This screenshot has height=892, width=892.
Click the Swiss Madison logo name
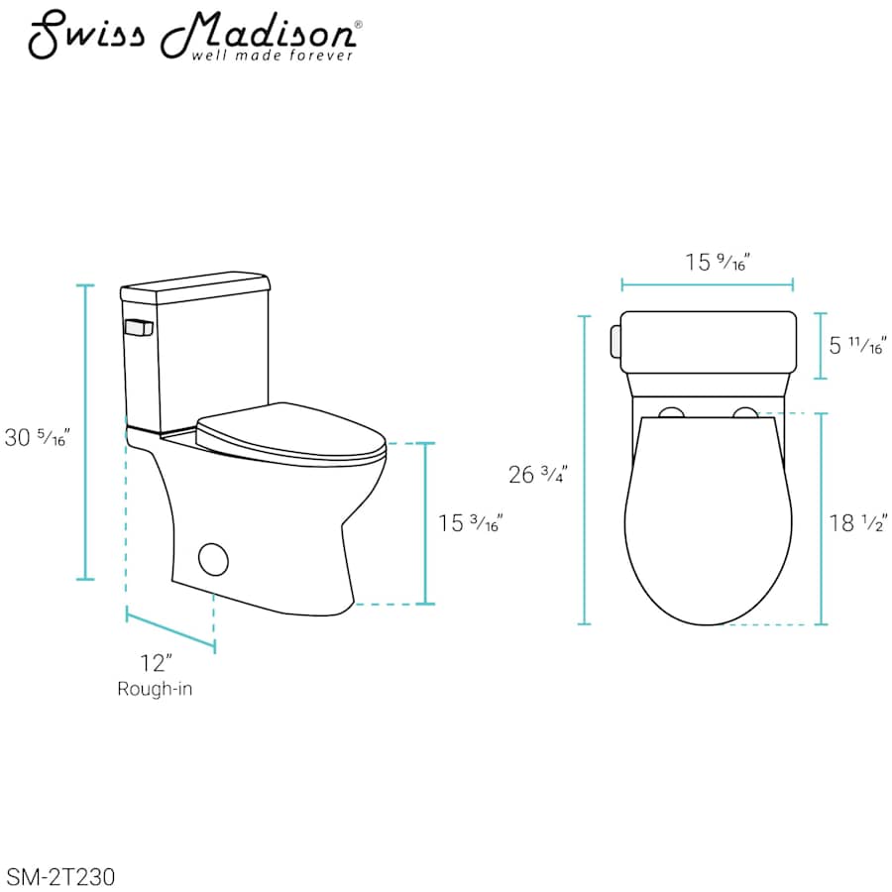tap(192, 36)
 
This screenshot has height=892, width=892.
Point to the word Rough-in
tap(155, 689)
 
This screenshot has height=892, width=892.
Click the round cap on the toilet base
tap(213, 559)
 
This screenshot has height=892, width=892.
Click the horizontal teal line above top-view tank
tap(707, 285)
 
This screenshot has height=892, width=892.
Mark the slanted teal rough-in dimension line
tap(170, 632)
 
